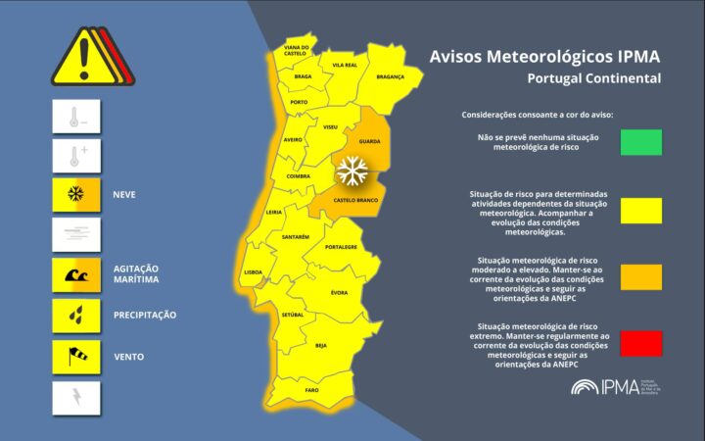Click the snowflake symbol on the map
point(350,172)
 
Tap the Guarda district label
point(370,141)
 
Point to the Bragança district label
point(390,75)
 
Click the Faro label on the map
point(311,390)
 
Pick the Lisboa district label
point(251,271)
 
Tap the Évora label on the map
point(339,293)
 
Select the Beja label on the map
point(321,345)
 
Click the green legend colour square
point(640,142)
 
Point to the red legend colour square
point(640,343)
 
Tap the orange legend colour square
point(640,276)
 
